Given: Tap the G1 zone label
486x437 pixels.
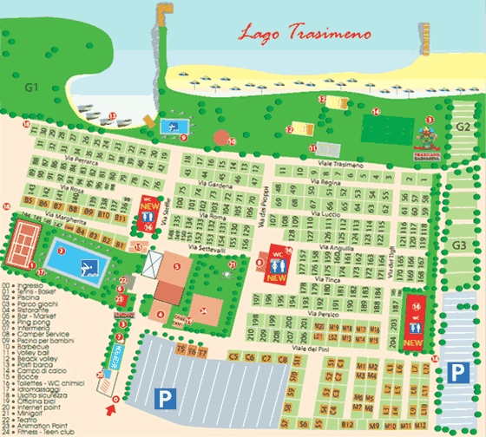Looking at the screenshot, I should tap(33, 87).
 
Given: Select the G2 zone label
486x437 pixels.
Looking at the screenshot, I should tap(463, 127).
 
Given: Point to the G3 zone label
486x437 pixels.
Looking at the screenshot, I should tap(461, 245).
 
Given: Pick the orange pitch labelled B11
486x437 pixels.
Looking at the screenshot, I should tap(102, 212).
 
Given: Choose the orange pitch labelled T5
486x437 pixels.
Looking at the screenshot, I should tap(181, 352).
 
